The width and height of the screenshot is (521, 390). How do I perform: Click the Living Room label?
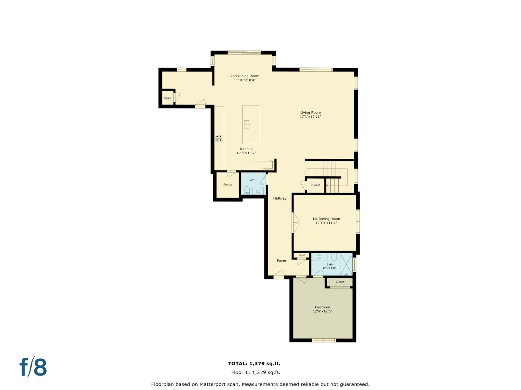(x=310, y=112)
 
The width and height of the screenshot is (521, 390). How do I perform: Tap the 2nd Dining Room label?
(x=245, y=76)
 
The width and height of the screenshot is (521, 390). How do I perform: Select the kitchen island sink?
(x=247, y=125)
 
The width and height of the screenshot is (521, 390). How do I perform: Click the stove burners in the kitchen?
(x=219, y=138)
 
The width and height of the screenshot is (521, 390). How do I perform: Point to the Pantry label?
(x=228, y=185)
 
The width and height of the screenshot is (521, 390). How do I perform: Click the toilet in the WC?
(x=247, y=190)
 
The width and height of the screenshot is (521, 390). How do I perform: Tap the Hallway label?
(x=280, y=198)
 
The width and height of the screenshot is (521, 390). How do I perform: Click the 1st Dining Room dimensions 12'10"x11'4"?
(x=326, y=223)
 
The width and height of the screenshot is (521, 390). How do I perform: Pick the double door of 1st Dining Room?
(x=296, y=222)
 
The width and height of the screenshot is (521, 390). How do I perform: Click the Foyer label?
(x=281, y=261)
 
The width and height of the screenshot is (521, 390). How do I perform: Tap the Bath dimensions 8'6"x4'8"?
(x=330, y=268)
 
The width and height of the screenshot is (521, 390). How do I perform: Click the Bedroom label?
(x=322, y=307)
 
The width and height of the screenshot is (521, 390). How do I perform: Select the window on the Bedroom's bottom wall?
(x=323, y=340)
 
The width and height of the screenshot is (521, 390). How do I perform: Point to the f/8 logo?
(x=33, y=367)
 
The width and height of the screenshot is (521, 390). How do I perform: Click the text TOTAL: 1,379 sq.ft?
(x=254, y=364)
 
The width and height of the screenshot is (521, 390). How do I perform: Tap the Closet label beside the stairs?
(x=315, y=185)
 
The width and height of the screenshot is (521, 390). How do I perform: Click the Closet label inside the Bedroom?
(x=340, y=282)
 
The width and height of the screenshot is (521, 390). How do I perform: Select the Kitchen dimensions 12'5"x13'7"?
(x=246, y=153)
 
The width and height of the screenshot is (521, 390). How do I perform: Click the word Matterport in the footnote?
(x=214, y=384)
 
